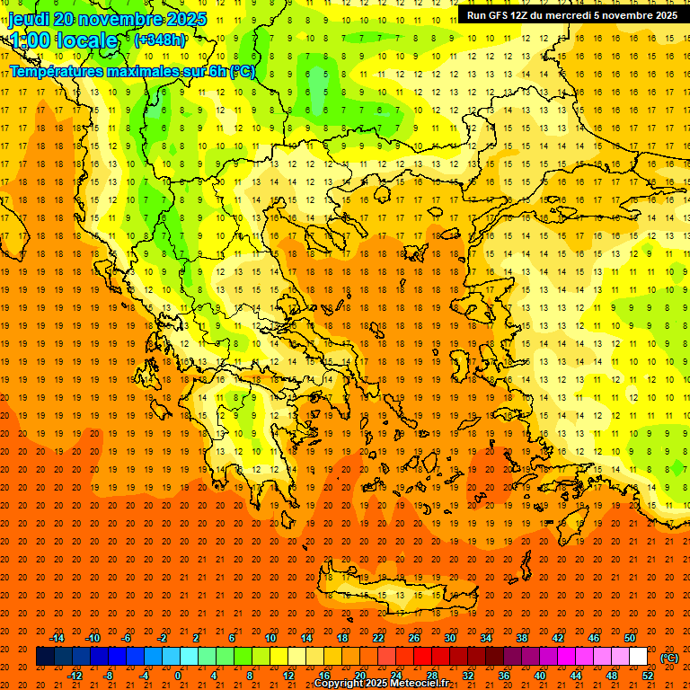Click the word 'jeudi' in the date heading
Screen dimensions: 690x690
point(29,19)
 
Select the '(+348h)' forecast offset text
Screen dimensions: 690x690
point(162,40)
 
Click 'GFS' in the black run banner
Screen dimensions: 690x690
point(498,15)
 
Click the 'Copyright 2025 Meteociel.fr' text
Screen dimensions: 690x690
point(381,684)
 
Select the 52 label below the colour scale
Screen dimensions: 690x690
point(648,676)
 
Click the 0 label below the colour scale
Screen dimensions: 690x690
point(178,676)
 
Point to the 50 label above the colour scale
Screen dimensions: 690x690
point(630,638)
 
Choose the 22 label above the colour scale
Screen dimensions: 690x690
point(378,638)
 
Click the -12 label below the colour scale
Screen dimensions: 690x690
point(75,676)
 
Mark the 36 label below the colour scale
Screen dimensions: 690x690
point(504,676)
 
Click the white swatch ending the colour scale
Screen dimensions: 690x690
point(639,657)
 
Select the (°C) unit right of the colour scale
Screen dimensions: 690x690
point(669,658)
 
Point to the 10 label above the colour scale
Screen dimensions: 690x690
point(270,638)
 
